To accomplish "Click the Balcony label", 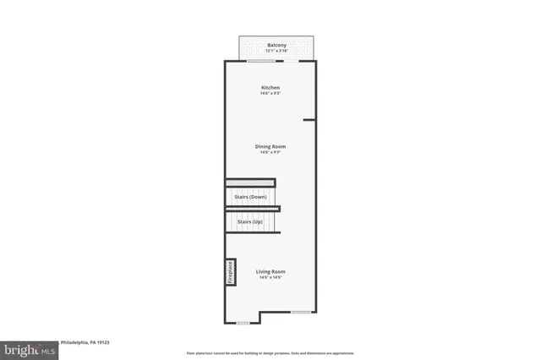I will pyautogui.click(x=276, y=45).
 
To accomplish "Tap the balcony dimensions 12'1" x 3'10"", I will pyautogui.click(x=276, y=51).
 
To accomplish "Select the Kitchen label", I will pyautogui.click(x=270, y=87).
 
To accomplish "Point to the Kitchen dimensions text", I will pyautogui.click(x=270, y=93).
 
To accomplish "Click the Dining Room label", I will pyautogui.click(x=270, y=146).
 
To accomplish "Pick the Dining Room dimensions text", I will pyautogui.click(x=270, y=152).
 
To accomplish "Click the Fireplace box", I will pyautogui.click(x=229, y=271).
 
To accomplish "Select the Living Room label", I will pyautogui.click(x=270, y=271).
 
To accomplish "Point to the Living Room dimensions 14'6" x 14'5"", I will pyautogui.click(x=270, y=277).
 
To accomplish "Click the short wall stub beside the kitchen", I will pyautogui.click(x=309, y=119).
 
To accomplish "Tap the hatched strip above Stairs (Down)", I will pyautogui.click(x=250, y=182).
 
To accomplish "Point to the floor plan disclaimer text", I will pyautogui.click(x=270, y=353).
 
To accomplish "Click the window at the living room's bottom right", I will pyautogui.click(x=300, y=312).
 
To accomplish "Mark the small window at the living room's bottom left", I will pyautogui.click(x=243, y=322).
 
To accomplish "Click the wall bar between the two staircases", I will pyautogui.click(x=253, y=209).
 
